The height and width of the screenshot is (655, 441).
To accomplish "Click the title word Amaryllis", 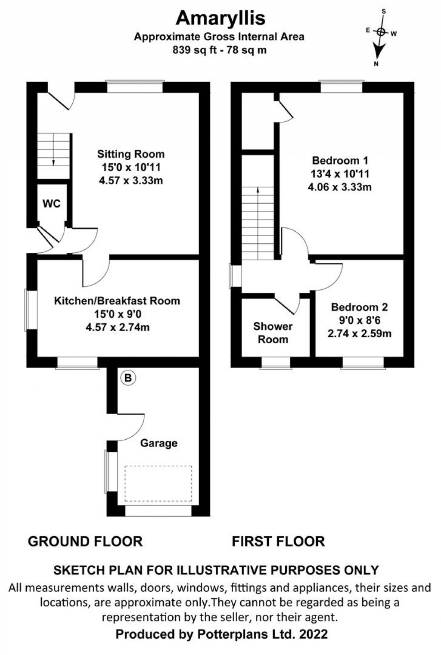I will (220, 18).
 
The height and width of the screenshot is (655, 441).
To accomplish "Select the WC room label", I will (52, 204).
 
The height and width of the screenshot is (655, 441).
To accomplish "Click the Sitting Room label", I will (130, 154).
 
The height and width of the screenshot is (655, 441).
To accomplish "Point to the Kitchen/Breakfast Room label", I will (117, 301).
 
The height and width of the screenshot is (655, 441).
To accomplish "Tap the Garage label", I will (158, 443).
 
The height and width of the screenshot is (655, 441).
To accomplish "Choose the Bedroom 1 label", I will (340, 161).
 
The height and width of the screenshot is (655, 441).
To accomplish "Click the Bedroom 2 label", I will (359, 307).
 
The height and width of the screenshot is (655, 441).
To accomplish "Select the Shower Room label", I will (273, 333).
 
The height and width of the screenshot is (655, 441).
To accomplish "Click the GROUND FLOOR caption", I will (85, 541).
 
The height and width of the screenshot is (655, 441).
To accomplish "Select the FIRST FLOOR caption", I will (278, 541).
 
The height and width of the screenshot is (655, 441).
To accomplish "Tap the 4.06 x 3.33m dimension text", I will (340, 187).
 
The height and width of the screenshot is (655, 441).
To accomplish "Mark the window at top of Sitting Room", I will (135, 87).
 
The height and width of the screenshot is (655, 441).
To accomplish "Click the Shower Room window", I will (276, 363).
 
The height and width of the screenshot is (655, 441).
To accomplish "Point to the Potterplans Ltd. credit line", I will (221, 634).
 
